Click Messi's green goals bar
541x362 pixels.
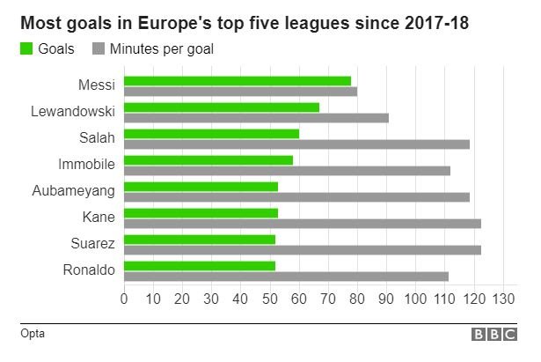coord(237,81)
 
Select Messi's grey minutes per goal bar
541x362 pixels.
coord(240,91)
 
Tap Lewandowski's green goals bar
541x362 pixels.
coord(221,107)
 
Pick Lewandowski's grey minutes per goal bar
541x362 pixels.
coord(256,117)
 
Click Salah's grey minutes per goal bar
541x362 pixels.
coord(296,144)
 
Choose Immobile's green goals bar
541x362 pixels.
coord(208,160)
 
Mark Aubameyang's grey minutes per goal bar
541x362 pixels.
coord(296,196)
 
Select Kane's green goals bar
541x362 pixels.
coord(201,213)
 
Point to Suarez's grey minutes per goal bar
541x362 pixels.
coord(302,249)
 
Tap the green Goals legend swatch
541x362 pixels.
coord(26,49)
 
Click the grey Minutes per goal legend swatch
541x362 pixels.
coord(99,49)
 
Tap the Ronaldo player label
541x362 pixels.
coord(89,270)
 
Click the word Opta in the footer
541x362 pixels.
coord(33,334)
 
